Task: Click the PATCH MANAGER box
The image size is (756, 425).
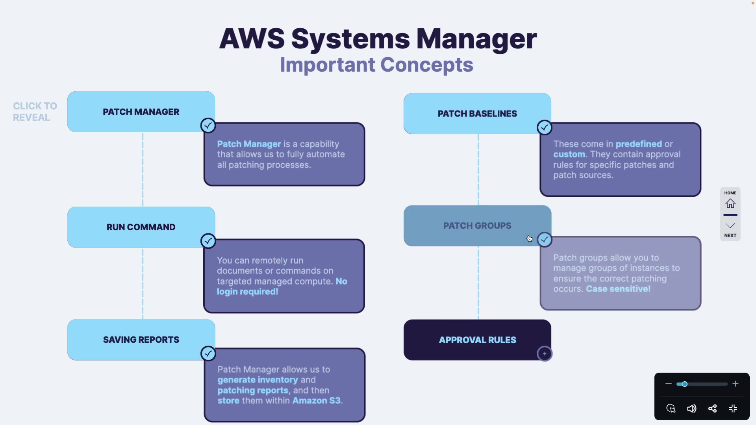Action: point(141,112)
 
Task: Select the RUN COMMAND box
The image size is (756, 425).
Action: point(141,227)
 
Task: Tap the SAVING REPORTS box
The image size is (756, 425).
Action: point(141,340)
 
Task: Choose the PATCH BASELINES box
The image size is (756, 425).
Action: point(477,114)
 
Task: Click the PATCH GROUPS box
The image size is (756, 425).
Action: point(477,226)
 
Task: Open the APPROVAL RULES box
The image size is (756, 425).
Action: point(477,340)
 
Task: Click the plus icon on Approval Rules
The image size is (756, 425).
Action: point(545,354)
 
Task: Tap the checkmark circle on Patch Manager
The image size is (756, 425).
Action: point(208,126)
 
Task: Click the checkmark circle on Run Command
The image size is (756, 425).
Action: point(208,241)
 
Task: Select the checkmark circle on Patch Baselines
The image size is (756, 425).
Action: point(544,128)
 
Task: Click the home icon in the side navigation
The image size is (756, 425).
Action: point(730,203)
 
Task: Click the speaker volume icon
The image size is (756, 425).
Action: point(691,408)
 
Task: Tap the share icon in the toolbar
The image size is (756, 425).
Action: point(712,408)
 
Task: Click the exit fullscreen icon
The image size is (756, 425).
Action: point(733,408)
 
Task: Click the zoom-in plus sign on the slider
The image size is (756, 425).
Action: point(735,384)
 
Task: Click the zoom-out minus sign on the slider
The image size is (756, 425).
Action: point(668,384)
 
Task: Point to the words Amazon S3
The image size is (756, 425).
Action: point(317,401)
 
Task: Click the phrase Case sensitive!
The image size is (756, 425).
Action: point(618,289)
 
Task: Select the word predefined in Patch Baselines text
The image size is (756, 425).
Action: point(639,144)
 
